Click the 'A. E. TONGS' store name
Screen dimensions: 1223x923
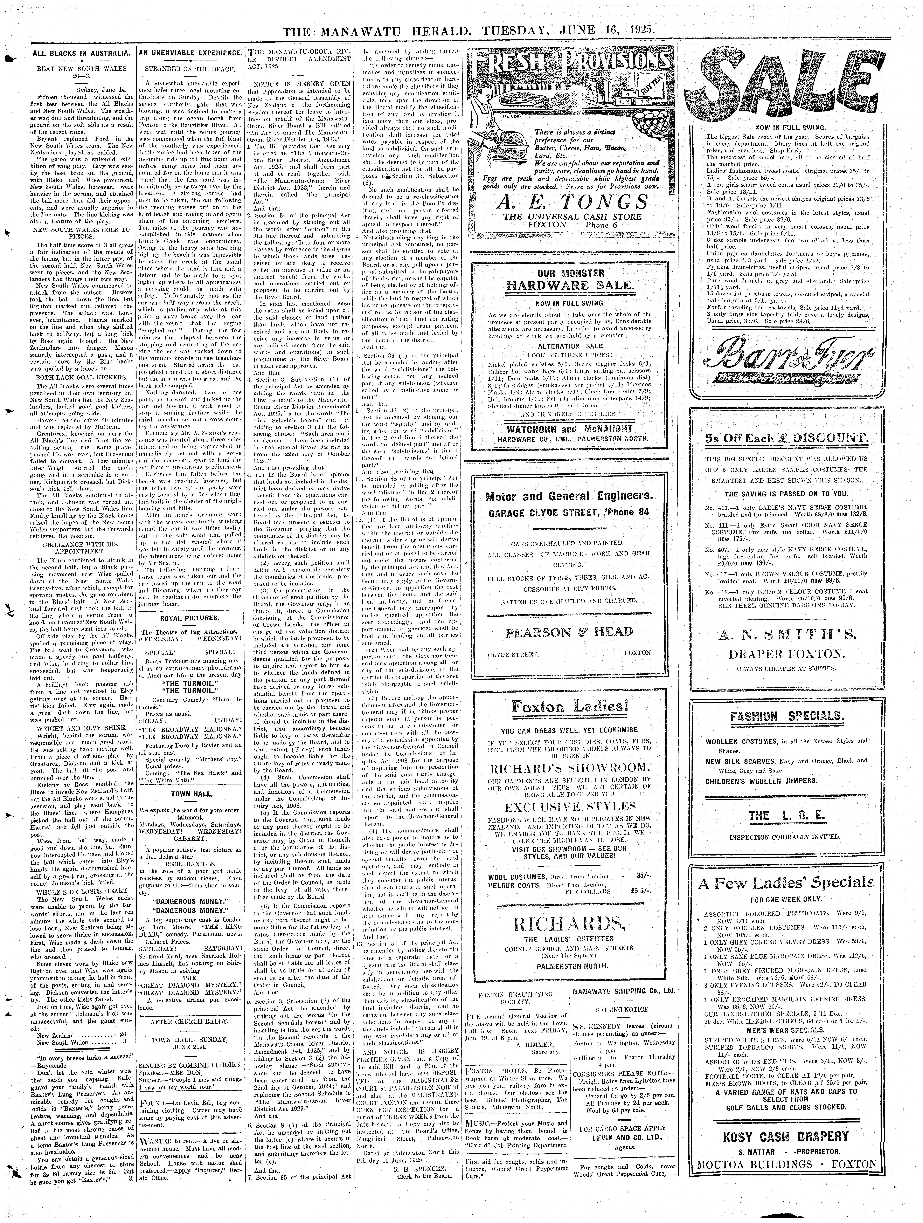pyautogui.click(x=571, y=201)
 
